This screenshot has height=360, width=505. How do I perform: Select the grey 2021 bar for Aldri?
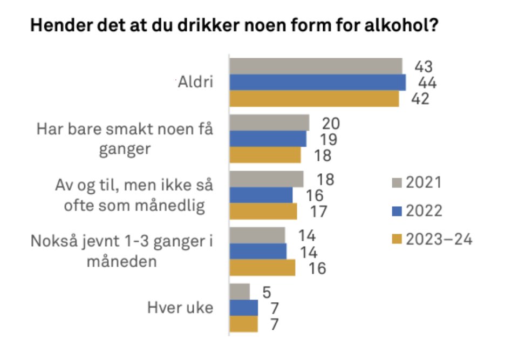point(316,66)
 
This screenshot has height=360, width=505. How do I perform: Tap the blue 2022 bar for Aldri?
point(317,83)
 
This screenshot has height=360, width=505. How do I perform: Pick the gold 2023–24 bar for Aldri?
point(314,99)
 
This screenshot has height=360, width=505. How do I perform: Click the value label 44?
point(427,84)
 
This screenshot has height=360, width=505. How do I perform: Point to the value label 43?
point(424,67)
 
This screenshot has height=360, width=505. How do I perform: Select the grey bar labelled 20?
point(269,123)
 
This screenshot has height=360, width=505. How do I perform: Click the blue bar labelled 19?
point(268,139)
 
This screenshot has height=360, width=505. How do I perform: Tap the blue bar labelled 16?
point(261,195)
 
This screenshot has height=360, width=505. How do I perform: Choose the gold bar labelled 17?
point(263,211)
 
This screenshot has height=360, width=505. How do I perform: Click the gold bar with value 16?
point(262,268)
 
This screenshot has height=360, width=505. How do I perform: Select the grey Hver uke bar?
point(240,291)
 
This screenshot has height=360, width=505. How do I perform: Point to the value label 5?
point(267,292)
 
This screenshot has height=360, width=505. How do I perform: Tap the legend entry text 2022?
point(424,210)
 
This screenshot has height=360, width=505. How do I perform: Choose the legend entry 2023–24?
point(440,239)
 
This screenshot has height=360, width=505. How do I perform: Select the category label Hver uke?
point(180,308)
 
